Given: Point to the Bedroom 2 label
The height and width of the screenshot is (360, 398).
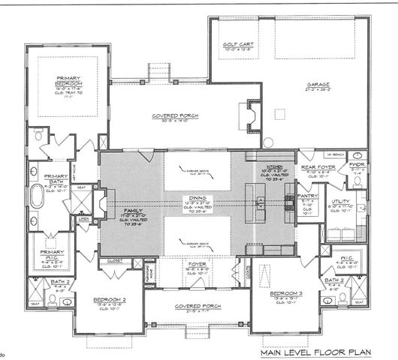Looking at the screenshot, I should point(110,299).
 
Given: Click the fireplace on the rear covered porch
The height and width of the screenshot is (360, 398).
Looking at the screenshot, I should point(246,115).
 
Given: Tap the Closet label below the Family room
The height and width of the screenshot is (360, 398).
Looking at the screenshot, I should point(115,261).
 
